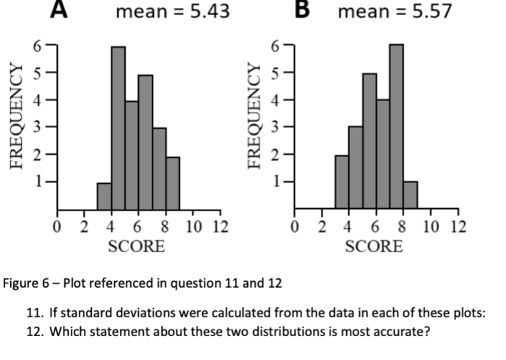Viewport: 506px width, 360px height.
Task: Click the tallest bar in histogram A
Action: [x=119, y=129]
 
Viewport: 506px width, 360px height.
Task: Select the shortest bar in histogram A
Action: [x=105, y=197]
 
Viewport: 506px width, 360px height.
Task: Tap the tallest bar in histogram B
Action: [x=397, y=127]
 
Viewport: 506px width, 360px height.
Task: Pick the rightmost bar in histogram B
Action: [x=411, y=195]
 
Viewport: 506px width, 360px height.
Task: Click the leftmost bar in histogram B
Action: [x=342, y=182]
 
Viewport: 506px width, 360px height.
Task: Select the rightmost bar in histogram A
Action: [x=173, y=184]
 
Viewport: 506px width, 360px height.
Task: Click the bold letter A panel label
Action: [x=59, y=9]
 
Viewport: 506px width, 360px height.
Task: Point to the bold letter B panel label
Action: [x=302, y=9]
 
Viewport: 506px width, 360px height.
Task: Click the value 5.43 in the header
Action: [x=210, y=12]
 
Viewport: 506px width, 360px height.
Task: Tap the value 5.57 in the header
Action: [x=432, y=12]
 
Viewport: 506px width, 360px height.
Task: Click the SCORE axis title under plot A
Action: [x=137, y=247]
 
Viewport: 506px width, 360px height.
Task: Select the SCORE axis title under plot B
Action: [x=374, y=247]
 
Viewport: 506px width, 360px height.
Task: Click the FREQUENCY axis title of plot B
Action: [x=254, y=116]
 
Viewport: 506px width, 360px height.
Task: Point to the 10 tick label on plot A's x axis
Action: [x=193, y=227]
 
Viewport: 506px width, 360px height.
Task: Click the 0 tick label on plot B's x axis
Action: [x=295, y=227]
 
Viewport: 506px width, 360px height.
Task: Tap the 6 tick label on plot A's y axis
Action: [x=38, y=46]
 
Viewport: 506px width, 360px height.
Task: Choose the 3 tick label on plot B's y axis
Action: [x=275, y=127]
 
